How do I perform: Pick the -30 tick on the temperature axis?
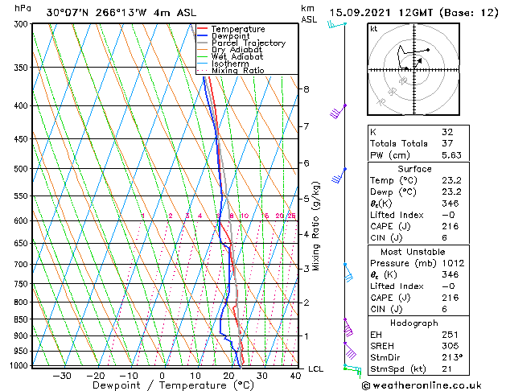point(62,376)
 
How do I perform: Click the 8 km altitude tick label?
point(306,89)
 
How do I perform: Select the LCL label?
point(316,369)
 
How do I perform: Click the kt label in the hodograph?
point(373,28)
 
